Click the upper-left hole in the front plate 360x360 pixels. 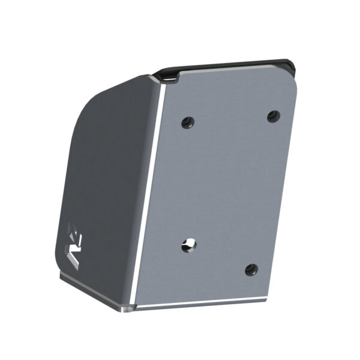(187, 122)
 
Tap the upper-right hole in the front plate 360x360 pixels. (273, 115)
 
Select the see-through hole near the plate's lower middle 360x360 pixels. (188, 244)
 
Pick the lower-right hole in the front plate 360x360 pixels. (251, 269)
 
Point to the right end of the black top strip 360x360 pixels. (292, 64)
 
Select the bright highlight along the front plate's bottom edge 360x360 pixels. (198, 304)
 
